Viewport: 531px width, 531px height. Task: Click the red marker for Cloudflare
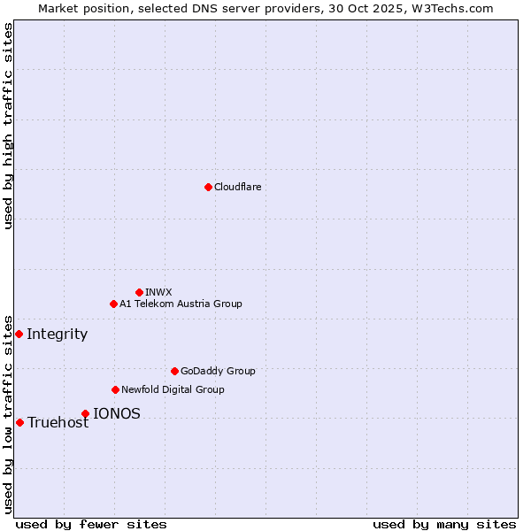[208, 187]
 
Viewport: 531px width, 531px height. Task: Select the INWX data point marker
[139, 292]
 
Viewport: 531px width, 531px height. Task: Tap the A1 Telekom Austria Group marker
[113, 304]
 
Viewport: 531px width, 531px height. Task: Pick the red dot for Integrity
[19, 334]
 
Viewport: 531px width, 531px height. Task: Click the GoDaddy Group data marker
[174, 371]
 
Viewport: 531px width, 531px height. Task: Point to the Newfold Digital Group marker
[115, 389]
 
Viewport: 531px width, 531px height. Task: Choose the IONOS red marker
[85, 413]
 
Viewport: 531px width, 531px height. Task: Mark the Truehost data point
[19, 422]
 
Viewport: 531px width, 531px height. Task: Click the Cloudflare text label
[238, 187]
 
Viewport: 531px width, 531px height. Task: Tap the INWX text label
[158, 292]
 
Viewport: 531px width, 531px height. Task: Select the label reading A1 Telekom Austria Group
[181, 304]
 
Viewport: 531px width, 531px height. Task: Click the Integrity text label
[58, 334]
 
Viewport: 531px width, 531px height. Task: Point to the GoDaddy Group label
[218, 371]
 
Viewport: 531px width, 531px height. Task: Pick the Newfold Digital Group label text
[173, 389]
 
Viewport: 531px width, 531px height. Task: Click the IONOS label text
[117, 413]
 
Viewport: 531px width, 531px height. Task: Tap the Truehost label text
[58, 422]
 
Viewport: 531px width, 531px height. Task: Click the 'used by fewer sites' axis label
[91, 524]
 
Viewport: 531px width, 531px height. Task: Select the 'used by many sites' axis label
[444, 524]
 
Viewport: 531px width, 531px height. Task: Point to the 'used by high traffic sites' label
[9, 126]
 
